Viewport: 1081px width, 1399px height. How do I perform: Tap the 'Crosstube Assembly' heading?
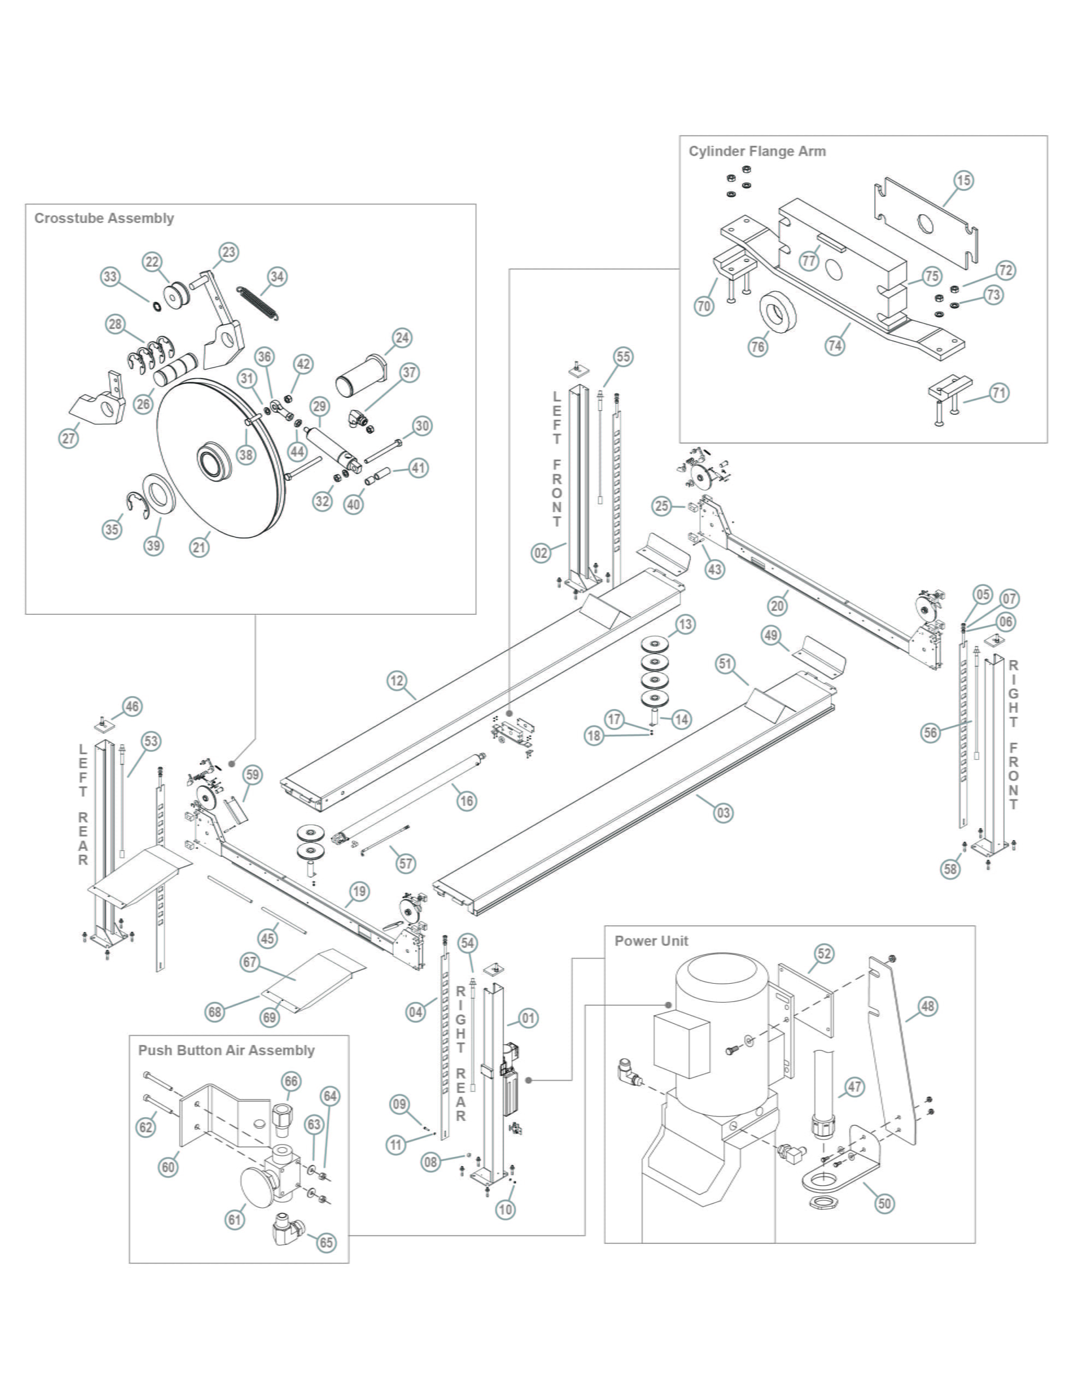pos(104,219)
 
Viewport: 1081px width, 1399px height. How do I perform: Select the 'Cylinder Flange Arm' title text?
pos(757,152)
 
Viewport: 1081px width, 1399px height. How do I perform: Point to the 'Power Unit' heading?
pos(651,941)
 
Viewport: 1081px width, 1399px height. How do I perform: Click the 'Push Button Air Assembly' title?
pos(226,1050)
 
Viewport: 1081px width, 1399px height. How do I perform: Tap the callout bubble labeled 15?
pos(963,181)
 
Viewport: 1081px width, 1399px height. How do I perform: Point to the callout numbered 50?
pos(884,1203)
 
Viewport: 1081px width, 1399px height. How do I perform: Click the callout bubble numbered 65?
pos(326,1243)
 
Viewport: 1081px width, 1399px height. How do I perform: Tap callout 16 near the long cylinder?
pos(467,801)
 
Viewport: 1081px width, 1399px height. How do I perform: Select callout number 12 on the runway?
pos(397,680)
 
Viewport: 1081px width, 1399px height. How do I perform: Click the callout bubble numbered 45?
pos(268,938)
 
